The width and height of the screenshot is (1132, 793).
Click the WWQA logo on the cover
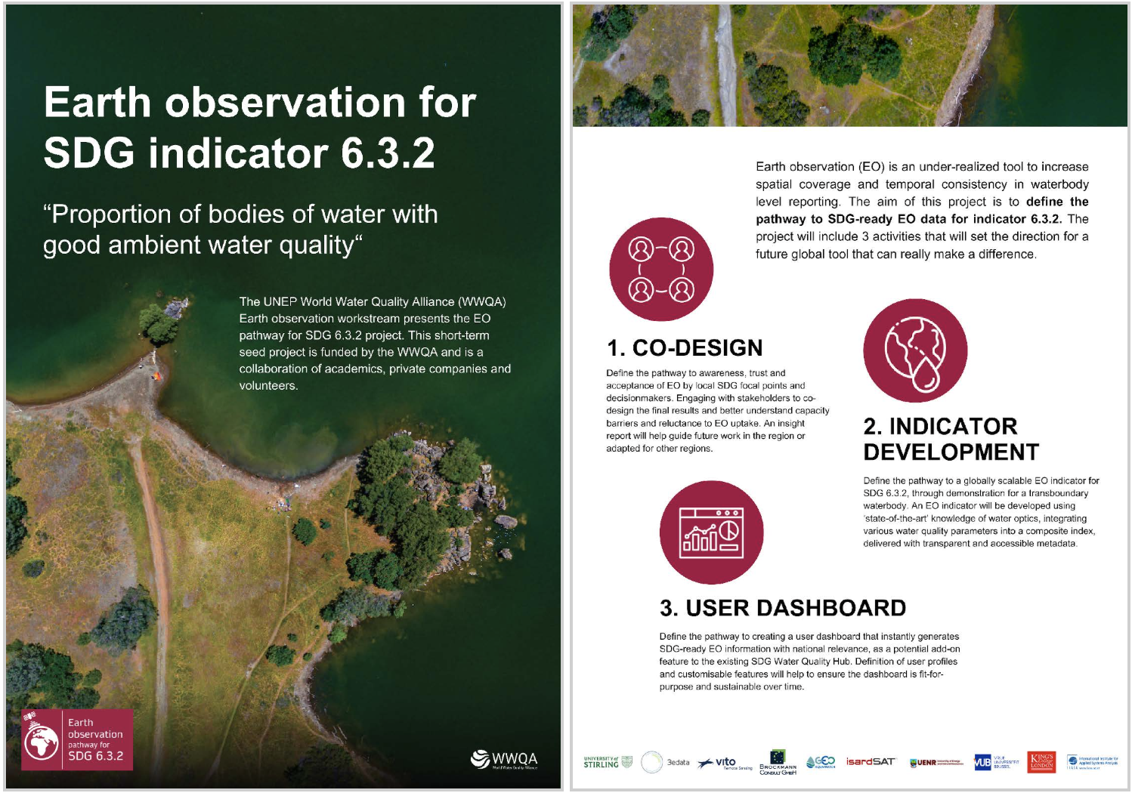(x=504, y=759)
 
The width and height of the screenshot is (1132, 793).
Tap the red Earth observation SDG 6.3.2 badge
(x=77, y=739)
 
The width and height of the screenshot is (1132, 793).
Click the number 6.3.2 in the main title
(x=388, y=153)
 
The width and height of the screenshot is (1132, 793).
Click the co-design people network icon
(x=661, y=270)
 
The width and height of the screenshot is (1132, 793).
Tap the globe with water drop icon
(x=915, y=350)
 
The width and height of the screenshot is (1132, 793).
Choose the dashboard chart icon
(x=711, y=532)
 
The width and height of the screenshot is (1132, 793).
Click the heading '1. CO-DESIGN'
(x=685, y=348)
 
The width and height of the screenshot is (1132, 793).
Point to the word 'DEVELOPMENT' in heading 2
(x=951, y=452)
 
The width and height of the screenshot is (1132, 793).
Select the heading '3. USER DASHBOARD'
(x=782, y=608)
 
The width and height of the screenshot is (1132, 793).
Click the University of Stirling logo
(x=608, y=763)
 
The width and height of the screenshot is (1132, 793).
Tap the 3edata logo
(x=666, y=763)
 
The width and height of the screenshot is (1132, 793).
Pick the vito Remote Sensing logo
(x=725, y=763)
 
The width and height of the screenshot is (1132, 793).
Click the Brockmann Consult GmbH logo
(x=778, y=762)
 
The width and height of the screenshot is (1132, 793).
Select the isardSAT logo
(x=871, y=762)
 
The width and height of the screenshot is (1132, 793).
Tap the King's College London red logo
(x=1042, y=762)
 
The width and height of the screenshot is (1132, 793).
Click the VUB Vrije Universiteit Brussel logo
(x=995, y=763)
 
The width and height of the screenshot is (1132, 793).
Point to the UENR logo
(x=936, y=763)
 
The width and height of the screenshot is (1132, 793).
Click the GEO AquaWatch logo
(x=821, y=762)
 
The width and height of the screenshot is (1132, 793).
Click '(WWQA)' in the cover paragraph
(x=481, y=301)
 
